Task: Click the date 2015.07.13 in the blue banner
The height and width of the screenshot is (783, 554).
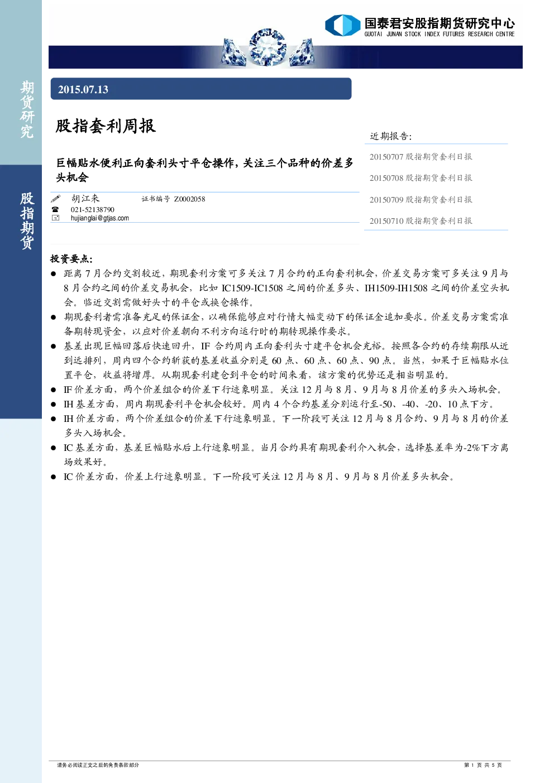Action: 83,89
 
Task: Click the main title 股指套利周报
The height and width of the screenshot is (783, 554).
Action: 106,126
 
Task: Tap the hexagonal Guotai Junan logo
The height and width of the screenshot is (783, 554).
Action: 342,25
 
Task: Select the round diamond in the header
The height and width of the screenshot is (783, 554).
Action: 268,47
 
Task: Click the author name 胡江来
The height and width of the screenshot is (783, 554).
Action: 85,199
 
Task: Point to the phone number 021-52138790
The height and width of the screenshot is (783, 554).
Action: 92,209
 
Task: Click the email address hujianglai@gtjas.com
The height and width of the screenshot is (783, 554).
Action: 99,218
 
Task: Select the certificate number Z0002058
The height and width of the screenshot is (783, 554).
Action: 189,199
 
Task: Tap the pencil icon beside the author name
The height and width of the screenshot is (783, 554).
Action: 56,199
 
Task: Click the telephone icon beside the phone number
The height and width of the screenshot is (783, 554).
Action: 55,209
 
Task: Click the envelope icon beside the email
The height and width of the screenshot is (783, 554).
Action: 55,218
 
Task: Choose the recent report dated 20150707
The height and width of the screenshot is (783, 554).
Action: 421,157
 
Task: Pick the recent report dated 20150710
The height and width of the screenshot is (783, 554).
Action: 421,221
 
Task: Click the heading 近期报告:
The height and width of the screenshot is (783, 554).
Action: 391,136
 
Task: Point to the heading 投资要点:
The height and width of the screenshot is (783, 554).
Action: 71,258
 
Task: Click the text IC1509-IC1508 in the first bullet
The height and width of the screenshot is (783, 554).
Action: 252,288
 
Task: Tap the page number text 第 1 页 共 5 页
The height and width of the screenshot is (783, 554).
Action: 483,765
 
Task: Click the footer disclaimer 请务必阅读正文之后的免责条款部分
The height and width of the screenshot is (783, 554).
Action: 98,765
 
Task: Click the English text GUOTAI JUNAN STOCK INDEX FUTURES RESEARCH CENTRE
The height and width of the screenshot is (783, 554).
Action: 440,34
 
